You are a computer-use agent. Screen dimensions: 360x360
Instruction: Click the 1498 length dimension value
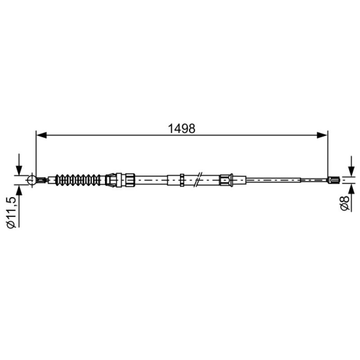coord(182,129)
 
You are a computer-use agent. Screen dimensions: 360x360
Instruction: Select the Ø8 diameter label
coord(345,203)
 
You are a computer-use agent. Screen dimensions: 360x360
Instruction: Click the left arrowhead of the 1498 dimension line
coord(41,135)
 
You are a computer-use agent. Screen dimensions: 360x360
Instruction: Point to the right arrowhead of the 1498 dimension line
coord(322,135)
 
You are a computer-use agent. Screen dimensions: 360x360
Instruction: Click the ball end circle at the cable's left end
coord(31,180)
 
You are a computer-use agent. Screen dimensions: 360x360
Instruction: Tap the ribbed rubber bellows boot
coord(78,180)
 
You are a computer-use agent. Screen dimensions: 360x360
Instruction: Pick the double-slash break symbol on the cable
coord(198,179)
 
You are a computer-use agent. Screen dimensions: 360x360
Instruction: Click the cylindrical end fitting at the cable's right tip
coord(333,180)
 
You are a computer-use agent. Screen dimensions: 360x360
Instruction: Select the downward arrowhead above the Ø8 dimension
coord(351,171)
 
